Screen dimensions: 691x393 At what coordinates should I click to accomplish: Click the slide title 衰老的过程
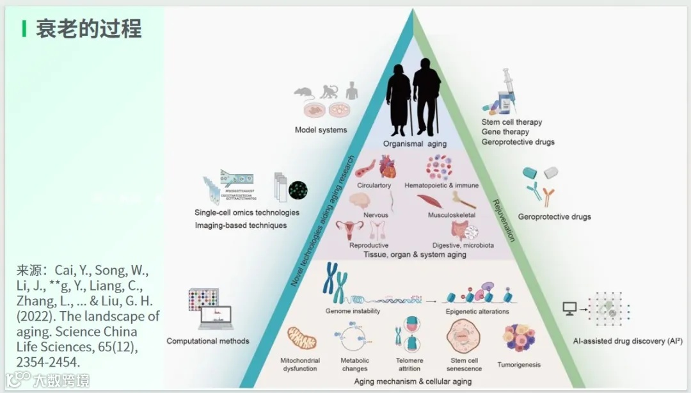pos(88,29)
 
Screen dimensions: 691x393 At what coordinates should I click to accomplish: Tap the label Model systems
pos(321,130)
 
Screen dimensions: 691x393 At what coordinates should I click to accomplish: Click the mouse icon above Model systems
pos(303,92)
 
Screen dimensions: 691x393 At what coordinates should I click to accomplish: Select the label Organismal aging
pos(415,143)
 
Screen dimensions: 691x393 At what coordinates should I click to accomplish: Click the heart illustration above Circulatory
pos(387,168)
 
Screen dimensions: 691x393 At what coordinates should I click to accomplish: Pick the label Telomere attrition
pos(409,365)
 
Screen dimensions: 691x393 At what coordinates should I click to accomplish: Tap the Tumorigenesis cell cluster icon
pos(519,339)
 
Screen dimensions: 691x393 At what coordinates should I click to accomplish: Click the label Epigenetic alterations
pos(477,312)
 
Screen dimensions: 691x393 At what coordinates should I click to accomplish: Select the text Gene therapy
pos(505,132)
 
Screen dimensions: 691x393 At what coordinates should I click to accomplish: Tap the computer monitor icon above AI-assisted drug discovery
pos(569,309)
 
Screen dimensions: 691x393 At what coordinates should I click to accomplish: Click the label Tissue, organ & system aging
pos(415,255)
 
